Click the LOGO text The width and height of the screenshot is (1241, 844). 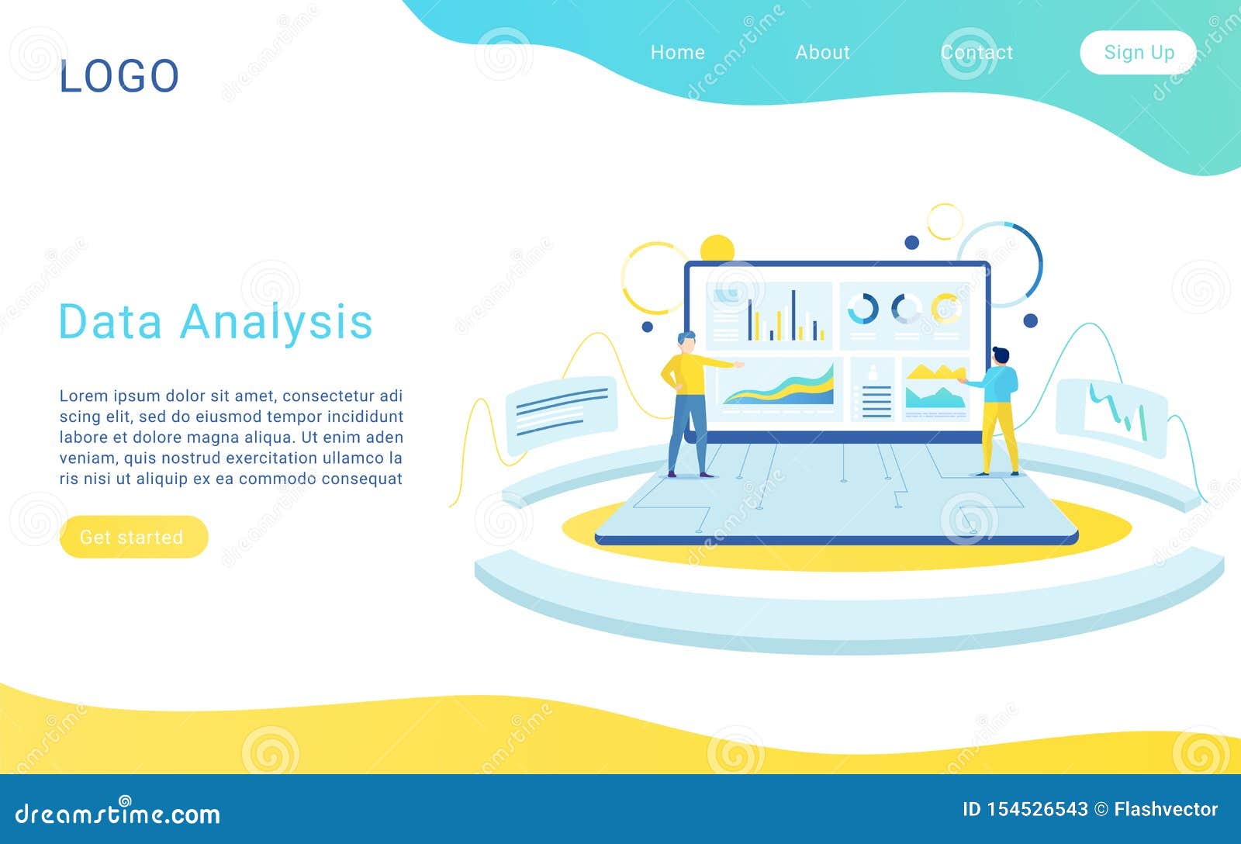point(119,76)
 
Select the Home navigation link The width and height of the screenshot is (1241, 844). point(677,52)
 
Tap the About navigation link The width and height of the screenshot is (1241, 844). point(822,52)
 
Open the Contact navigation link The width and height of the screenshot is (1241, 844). point(977,52)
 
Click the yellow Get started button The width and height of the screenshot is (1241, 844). point(133,537)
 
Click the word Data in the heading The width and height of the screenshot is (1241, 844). point(109,321)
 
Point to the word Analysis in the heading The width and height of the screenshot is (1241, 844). point(276,321)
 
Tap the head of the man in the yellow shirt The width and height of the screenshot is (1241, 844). point(686,341)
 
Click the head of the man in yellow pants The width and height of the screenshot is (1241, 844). point(1001,356)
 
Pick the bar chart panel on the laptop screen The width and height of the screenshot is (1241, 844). point(769,315)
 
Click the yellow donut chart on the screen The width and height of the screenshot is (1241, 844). point(945,308)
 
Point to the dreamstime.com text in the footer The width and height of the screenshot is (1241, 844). point(118,814)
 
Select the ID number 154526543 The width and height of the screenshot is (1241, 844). point(1036,809)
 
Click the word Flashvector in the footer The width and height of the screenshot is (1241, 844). point(1166,809)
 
